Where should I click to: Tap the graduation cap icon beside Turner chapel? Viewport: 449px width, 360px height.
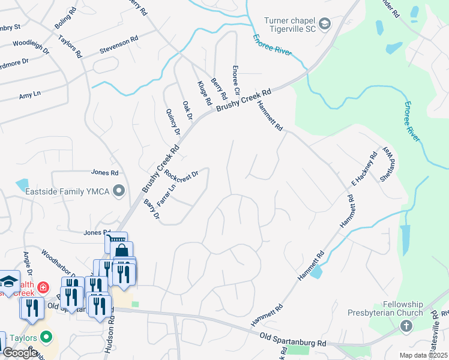pyautogui.click(x=324, y=24)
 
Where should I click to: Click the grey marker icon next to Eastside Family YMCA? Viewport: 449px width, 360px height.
pyautogui.click(x=119, y=191)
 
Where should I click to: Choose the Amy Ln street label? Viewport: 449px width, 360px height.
pyautogui.click(x=29, y=95)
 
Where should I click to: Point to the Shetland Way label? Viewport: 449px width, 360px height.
pyautogui.click(x=388, y=164)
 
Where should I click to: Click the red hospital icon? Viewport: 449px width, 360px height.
pyautogui.click(x=43, y=287)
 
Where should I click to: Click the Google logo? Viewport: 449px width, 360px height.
pyautogui.click(x=20, y=353)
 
